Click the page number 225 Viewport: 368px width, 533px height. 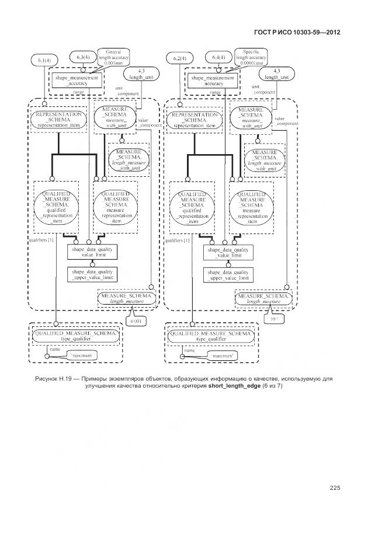pos(335,488)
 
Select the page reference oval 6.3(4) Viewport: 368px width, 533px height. pos(83,57)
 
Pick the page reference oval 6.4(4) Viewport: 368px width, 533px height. pos(218,57)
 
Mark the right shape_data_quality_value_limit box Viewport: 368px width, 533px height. pos(228,252)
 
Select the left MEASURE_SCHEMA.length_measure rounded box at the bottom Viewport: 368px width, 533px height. pos(127,298)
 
